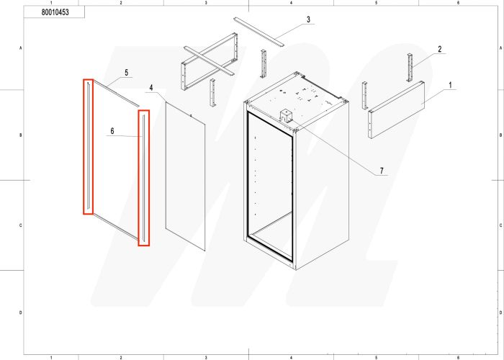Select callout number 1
[x=451, y=85]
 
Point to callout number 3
[x=308, y=19]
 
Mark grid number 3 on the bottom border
[x=206, y=356]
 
